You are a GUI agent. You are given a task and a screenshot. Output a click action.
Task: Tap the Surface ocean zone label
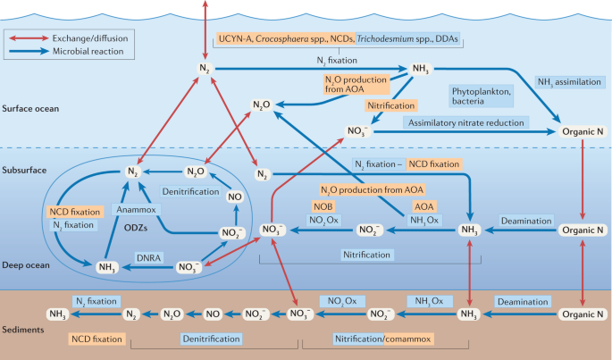coord(30,109)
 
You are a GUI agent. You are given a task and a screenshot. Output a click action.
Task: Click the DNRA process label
coord(148,256)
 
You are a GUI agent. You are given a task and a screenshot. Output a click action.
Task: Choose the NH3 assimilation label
coord(571,80)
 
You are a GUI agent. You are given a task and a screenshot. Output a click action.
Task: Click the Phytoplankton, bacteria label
coord(483,96)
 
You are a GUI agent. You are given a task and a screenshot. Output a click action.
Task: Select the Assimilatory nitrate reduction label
coord(465,122)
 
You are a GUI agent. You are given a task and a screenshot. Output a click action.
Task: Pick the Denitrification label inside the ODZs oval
coord(191,191)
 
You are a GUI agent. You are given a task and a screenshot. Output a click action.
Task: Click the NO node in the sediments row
coord(212,314)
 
